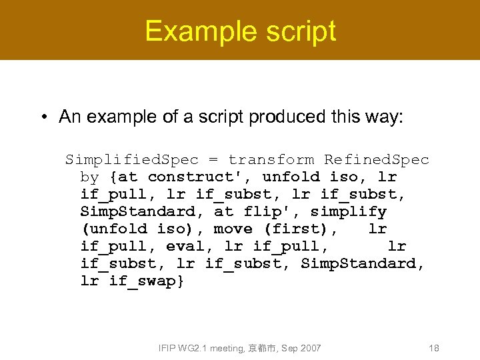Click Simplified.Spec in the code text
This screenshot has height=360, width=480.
tap(132, 160)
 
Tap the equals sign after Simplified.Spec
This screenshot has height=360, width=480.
tap(213, 160)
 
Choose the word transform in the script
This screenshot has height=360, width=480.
tap(271, 160)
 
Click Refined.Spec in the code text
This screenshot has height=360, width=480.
tap(377, 160)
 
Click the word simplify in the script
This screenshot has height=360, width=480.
tap(348, 212)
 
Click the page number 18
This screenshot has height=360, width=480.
tap(433, 348)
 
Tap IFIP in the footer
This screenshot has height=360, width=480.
tap(167, 348)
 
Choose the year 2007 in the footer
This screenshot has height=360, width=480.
tap(310, 348)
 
